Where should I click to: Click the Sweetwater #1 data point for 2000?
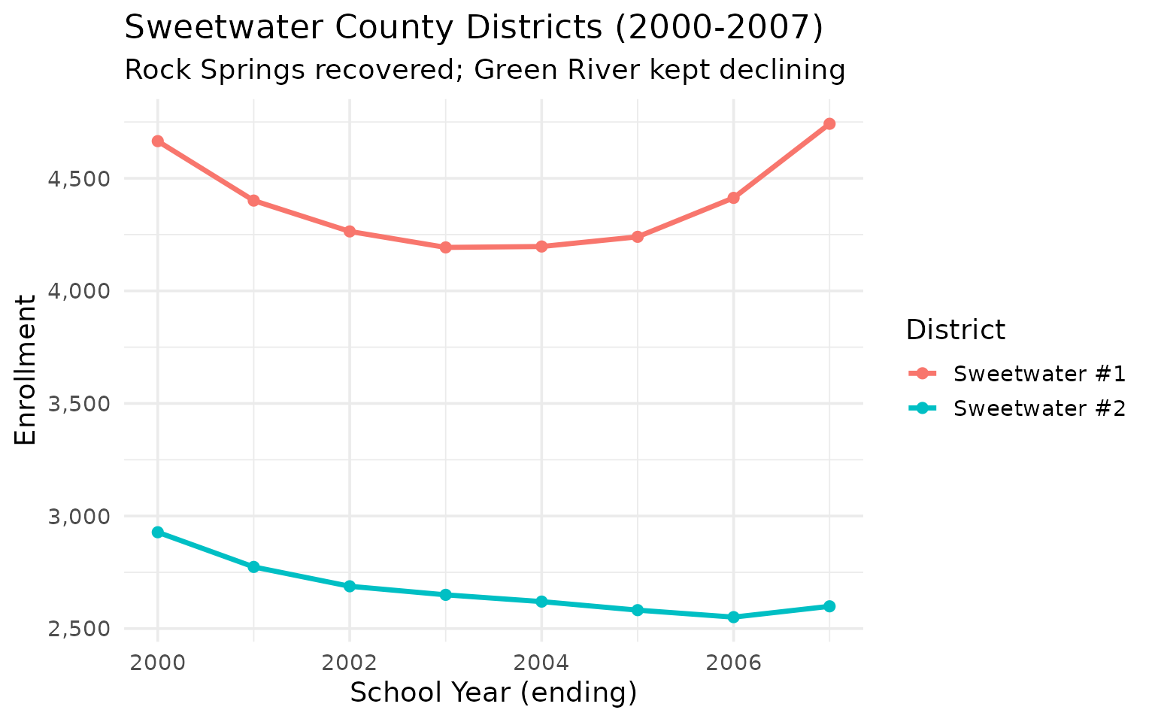tap(158, 141)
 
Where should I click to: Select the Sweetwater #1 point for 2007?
tap(829, 124)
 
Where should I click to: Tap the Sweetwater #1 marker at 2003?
tap(446, 247)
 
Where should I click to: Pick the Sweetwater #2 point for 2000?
tap(158, 532)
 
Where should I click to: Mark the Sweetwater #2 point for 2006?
tap(734, 617)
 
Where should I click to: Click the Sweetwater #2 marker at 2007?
tap(829, 606)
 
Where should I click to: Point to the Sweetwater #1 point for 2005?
tap(638, 237)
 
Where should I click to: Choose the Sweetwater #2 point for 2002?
tap(350, 587)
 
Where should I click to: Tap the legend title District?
tap(955, 330)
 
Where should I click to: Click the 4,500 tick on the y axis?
tap(84, 179)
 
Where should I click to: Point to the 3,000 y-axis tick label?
tap(84, 517)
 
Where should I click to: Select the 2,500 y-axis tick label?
tap(84, 629)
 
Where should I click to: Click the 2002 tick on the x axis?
tap(350, 663)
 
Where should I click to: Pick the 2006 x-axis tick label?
tap(734, 663)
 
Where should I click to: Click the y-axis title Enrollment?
tap(26, 370)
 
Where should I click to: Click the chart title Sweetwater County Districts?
tap(474, 29)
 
